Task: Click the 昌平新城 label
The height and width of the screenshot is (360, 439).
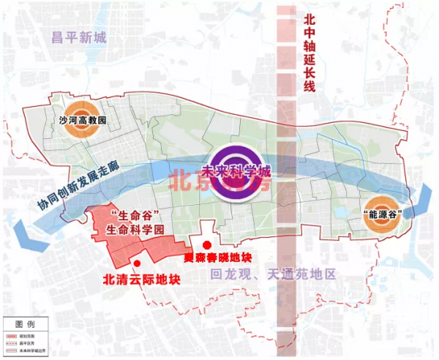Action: pyautogui.click(x=79, y=38)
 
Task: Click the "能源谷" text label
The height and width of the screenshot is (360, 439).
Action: pyautogui.click(x=385, y=213)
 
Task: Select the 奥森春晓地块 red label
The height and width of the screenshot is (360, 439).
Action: pyautogui.click(x=217, y=258)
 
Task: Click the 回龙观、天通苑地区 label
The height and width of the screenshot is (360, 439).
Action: pyautogui.click(x=271, y=275)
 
